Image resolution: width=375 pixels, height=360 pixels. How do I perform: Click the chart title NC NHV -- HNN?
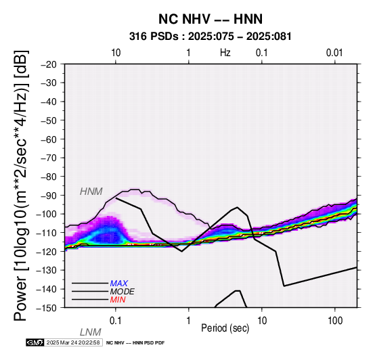click(x=211, y=19)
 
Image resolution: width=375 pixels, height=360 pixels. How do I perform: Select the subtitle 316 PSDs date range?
click(x=211, y=37)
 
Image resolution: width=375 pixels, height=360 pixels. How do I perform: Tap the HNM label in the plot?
click(x=91, y=192)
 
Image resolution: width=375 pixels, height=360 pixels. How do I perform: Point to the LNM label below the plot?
click(x=91, y=332)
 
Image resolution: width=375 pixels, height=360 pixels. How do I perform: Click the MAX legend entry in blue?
click(x=119, y=284)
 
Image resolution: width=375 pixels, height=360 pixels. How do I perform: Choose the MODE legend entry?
click(x=123, y=292)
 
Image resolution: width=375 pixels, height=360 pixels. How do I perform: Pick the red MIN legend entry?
click(x=118, y=300)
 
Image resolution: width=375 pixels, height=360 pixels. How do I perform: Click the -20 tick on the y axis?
click(x=49, y=64)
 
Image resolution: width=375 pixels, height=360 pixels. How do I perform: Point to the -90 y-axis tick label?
click(x=49, y=196)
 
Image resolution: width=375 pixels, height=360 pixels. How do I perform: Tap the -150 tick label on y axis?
click(x=47, y=308)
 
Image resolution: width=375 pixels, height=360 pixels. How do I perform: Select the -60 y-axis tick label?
click(x=49, y=139)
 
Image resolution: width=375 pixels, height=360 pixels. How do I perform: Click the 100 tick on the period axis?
click(x=335, y=321)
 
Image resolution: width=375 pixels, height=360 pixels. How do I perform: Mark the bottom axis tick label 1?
click(x=189, y=321)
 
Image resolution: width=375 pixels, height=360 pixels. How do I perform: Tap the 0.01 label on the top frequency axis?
click(x=334, y=53)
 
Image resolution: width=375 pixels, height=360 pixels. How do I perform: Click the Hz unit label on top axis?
click(x=225, y=53)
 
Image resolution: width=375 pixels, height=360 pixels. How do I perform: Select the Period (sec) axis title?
click(x=225, y=328)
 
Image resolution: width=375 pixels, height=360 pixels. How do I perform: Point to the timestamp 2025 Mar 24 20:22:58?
click(x=73, y=342)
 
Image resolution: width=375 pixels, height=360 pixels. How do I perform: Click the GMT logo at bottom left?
click(x=35, y=342)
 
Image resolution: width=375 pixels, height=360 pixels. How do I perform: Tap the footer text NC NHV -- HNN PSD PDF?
click(x=135, y=343)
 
